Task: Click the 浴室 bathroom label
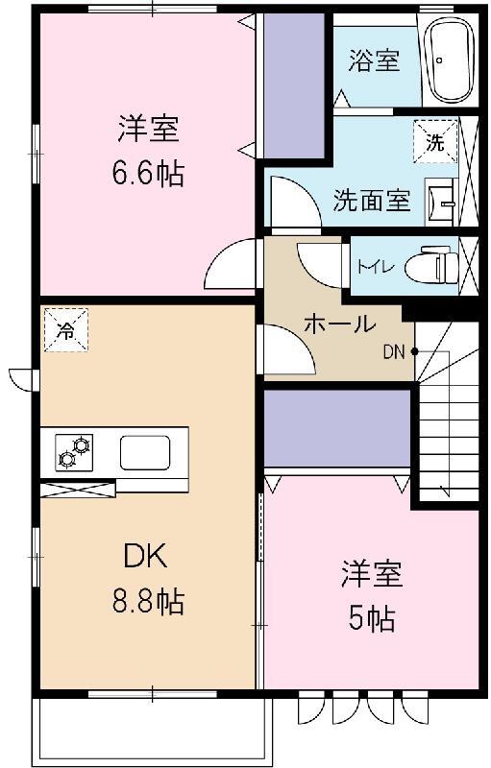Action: tap(374, 60)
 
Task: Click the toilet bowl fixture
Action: tap(430, 265)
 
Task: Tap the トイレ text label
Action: tap(374, 266)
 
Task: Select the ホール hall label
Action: tap(339, 324)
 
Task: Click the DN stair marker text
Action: tap(394, 351)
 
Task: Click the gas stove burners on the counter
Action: tap(74, 451)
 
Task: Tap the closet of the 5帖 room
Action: tap(336, 428)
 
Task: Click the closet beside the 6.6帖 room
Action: tap(293, 86)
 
